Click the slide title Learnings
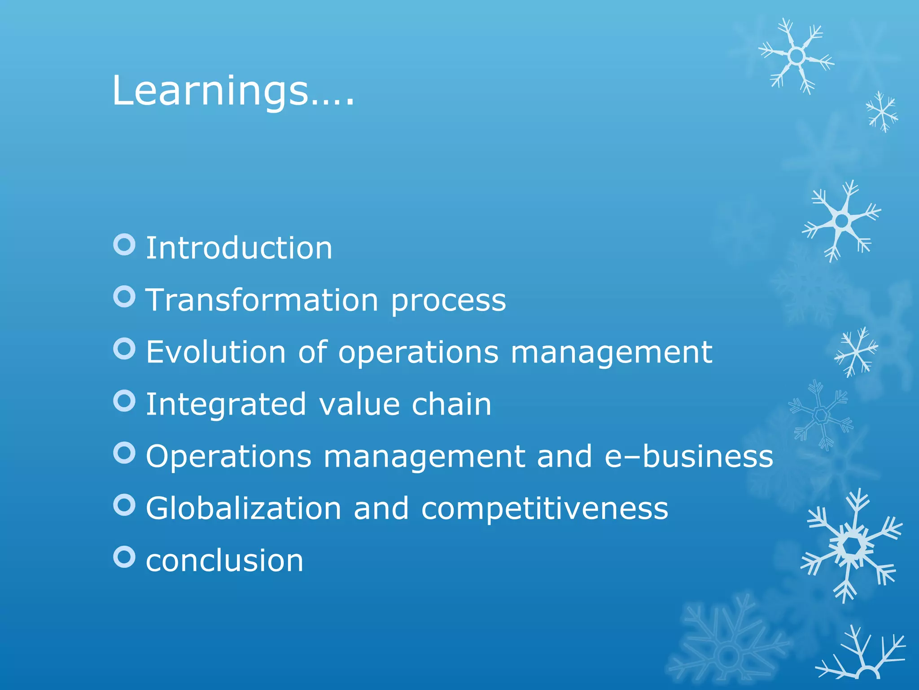point(233,91)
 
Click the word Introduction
point(239,248)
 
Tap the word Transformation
point(263,300)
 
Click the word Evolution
point(216,352)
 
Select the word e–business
point(689,456)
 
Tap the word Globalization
point(244,509)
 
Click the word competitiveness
point(544,509)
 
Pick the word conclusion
point(224,561)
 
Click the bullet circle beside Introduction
point(124,245)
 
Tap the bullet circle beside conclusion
point(124,557)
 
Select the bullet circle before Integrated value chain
point(124,401)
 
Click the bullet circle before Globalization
point(124,505)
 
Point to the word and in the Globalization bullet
point(381,509)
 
